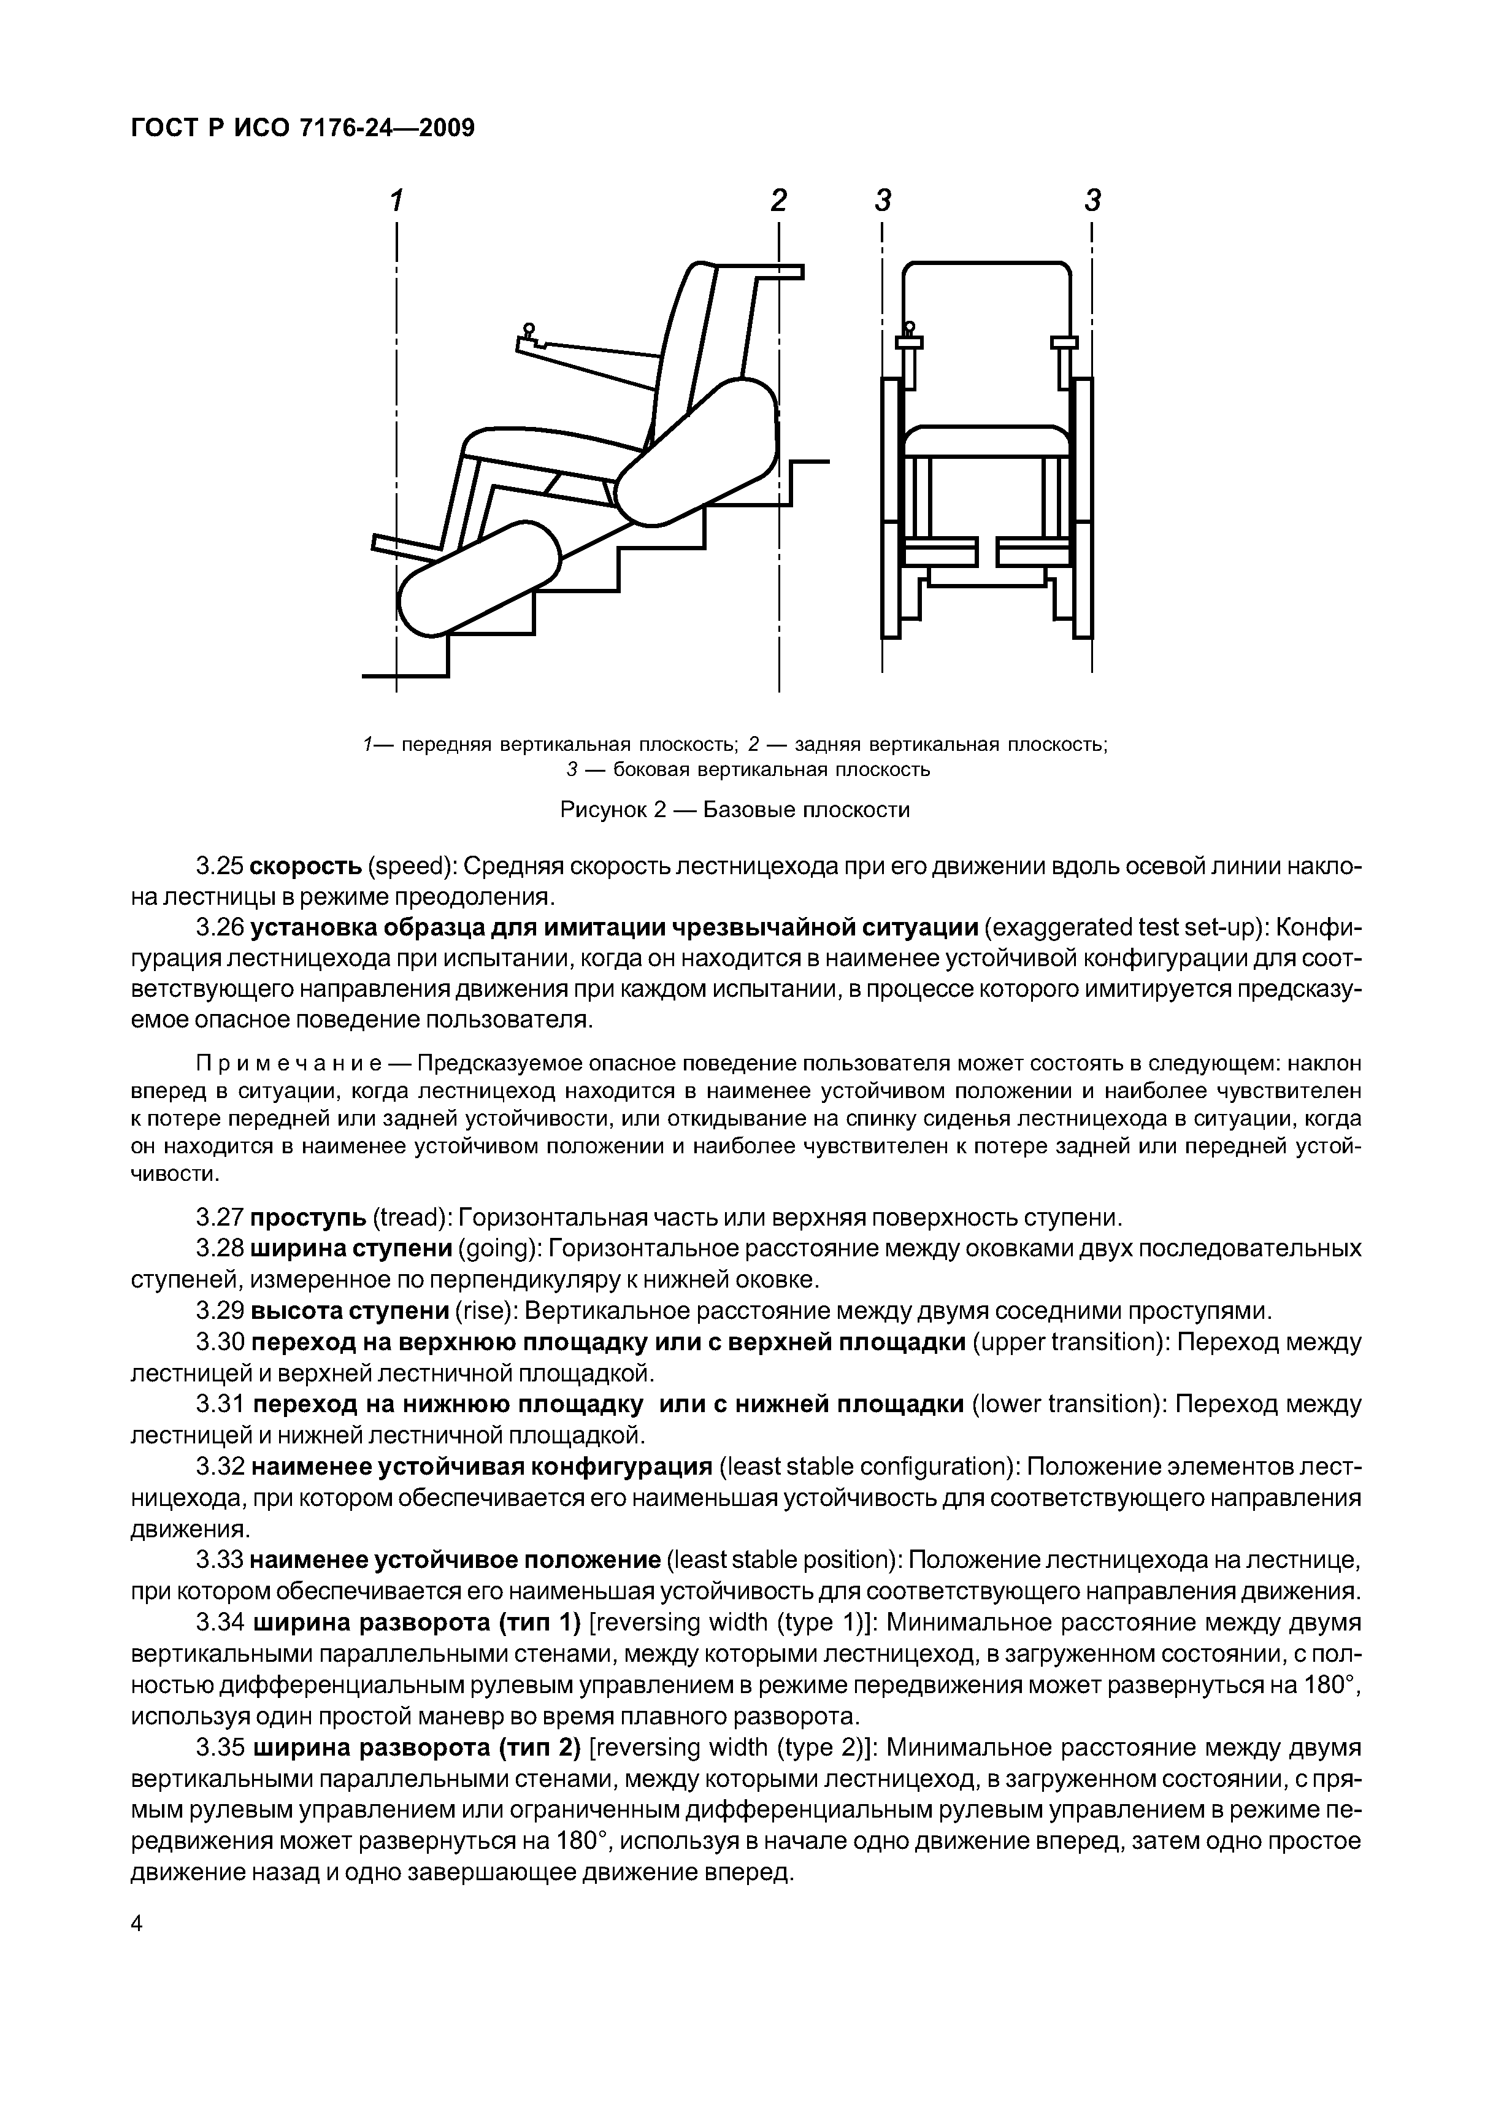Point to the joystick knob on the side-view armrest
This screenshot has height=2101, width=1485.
(528, 331)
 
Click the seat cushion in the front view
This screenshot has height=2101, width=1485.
(986, 442)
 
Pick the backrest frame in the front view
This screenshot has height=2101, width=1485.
(986, 275)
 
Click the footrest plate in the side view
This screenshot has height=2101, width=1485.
(407, 548)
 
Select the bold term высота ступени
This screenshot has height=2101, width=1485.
(350, 1312)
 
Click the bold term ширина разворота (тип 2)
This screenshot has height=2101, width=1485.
(416, 1749)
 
